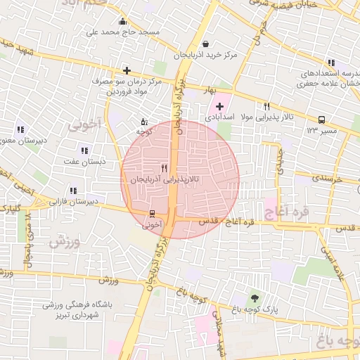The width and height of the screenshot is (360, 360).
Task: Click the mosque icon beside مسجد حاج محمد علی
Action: tap(124, 21)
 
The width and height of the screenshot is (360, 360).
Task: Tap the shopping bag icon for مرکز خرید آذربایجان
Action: tap(205, 44)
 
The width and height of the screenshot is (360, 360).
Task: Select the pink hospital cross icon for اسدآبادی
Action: tap(219, 106)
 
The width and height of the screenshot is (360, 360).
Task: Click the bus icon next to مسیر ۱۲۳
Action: tap(321, 120)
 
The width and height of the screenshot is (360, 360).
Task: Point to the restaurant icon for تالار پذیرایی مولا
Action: tap(266, 106)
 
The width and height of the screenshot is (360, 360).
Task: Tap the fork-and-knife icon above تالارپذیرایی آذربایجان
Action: tap(164, 168)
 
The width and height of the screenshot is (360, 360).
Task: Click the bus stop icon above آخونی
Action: tap(153, 214)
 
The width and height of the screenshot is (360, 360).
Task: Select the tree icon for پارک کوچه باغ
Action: tap(254, 297)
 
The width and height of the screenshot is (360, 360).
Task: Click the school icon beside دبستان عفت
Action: tap(84, 150)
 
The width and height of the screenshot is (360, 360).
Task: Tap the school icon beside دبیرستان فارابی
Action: tap(72, 191)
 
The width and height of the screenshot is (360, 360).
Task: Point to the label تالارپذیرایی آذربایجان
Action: tap(165, 180)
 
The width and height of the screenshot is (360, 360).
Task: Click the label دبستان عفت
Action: tap(84, 161)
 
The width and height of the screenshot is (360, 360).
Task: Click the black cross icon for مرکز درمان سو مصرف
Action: tap(127, 70)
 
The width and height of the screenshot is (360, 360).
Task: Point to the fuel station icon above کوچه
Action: tap(144, 120)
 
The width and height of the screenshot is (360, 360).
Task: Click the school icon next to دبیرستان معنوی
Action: tap(20, 129)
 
